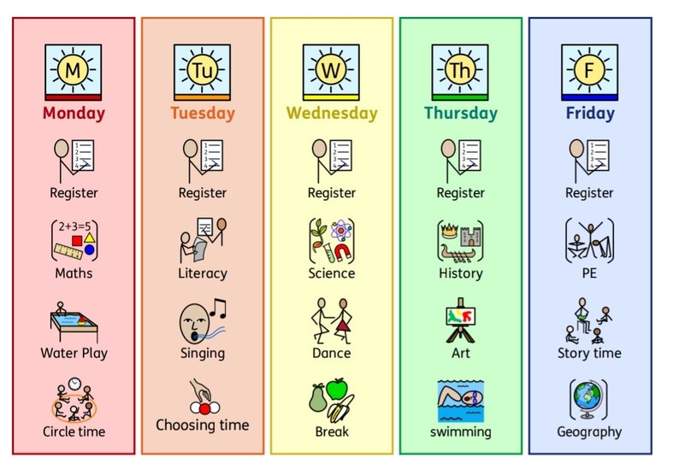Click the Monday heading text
[74, 113]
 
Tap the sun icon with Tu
[203, 71]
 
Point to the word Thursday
[460, 113]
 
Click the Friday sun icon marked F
[589, 71]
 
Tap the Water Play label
[74, 353]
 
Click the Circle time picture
[74, 400]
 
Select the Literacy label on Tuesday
[203, 273]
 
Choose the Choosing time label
[203, 425]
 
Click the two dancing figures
[331, 320]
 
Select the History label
[460, 273]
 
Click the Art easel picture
[460, 321]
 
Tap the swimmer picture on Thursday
[460, 400]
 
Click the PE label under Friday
[589, 273]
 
